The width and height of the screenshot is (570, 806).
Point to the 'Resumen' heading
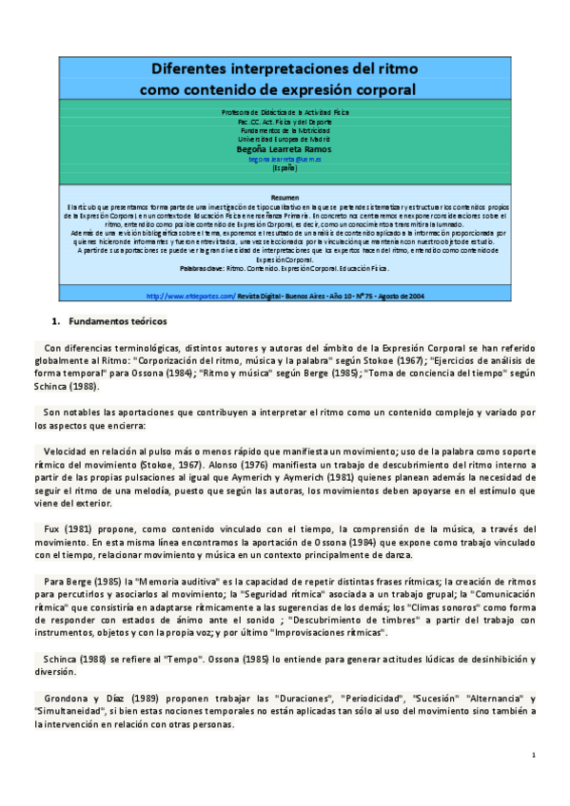(285, 197)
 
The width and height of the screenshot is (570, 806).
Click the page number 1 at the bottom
(534, 755)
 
